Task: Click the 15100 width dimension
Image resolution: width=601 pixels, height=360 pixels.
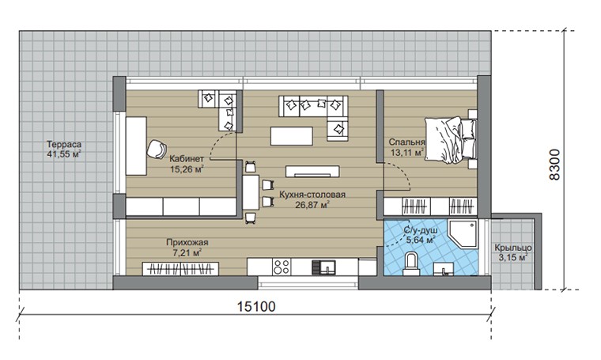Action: (x=256, y=307)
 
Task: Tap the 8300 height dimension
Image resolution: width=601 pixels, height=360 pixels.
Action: (x=554, y=165)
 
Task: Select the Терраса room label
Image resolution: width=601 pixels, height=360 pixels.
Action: (x=64, y=145)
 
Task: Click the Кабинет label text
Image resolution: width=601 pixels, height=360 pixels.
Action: (x=187, y=159)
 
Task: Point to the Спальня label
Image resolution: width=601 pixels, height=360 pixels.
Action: (x=406, y=142)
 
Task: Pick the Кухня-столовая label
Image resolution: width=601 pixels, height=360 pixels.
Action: (x=312, y=195)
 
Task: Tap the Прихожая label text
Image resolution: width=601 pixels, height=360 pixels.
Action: (x=187, y=242)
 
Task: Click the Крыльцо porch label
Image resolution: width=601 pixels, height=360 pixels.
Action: (x=513, y=248)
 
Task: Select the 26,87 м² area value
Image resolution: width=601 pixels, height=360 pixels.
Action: (x=312, y=205)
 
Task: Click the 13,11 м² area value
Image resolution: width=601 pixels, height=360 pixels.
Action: (x=407, y=153)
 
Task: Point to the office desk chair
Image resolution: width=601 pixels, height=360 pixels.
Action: (x=157, y=149)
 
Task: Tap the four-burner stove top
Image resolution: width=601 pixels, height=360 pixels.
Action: (x=282, y=267)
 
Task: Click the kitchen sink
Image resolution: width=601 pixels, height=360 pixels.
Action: (x=323, y=267)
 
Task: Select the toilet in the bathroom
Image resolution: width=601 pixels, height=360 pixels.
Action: (x=411, y=264)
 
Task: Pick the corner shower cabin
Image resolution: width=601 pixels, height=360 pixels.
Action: (x=463, y=233)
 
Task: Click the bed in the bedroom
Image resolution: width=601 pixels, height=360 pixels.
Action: (x=450, y=140)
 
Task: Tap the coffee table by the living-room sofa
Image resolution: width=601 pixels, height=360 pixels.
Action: (x=291, y=136)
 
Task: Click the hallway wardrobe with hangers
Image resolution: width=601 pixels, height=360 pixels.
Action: (x=180, y=269)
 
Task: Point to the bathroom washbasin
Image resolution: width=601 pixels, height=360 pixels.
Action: (x=444, y=269)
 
